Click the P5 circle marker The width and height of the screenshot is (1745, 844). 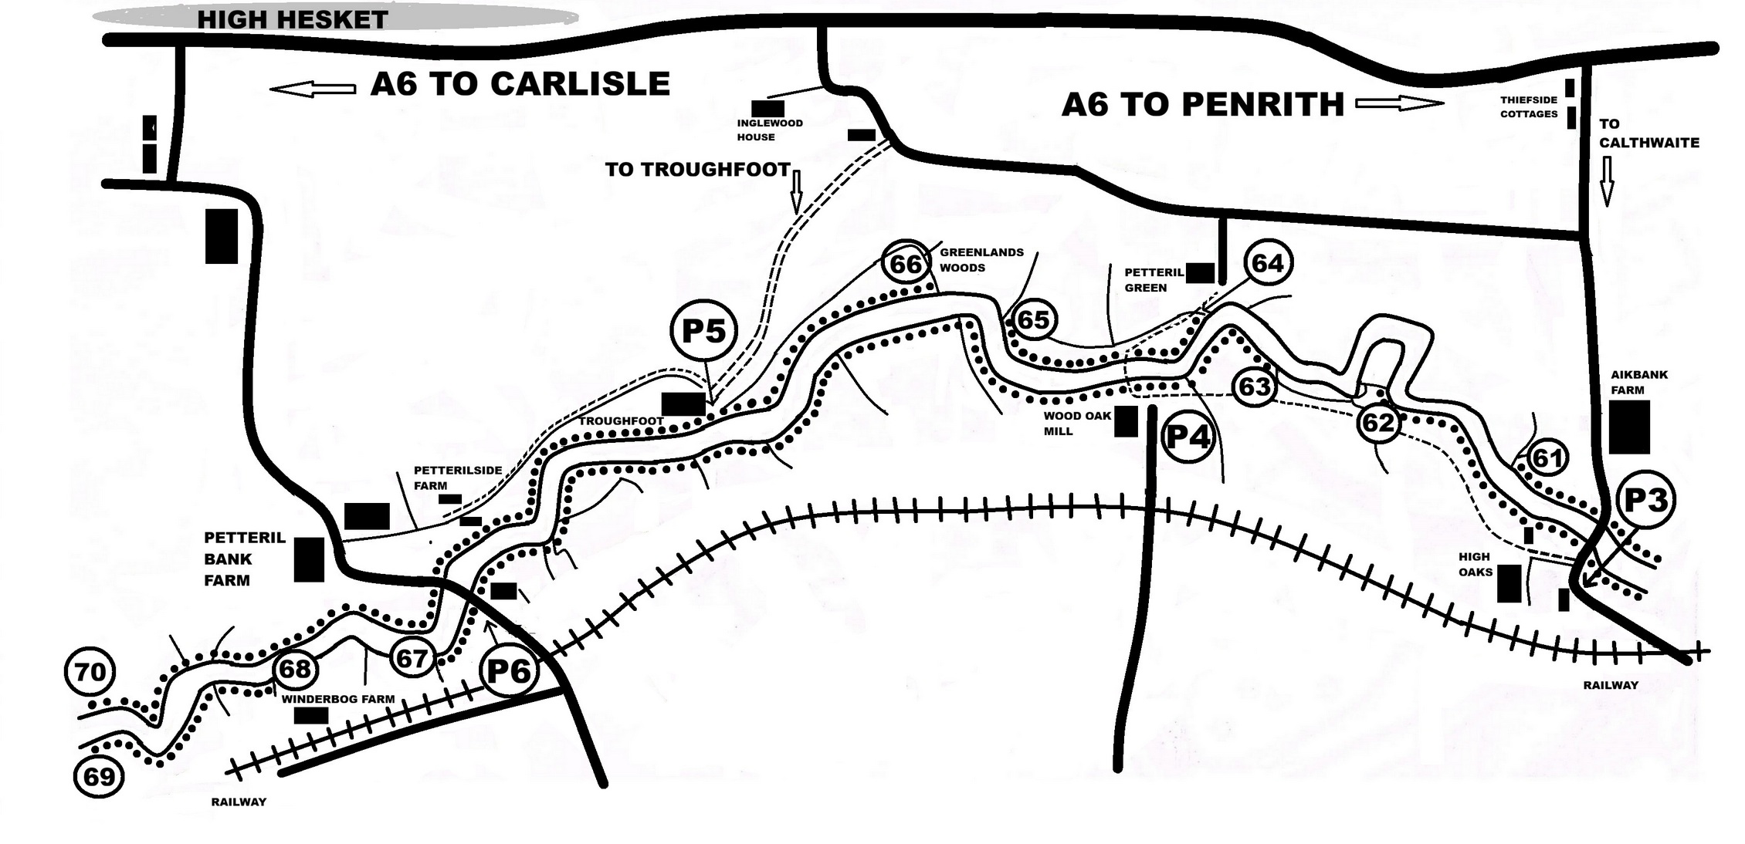click(704, 330)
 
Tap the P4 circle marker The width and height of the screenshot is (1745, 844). click(1188, 437)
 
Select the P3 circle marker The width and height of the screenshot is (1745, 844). click(1646, 500)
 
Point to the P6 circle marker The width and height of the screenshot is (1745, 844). click(509, 670)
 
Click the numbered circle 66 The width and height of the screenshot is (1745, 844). click(906, 264)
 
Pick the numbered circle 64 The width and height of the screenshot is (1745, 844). click(1268, 263)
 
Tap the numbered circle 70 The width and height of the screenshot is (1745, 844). click(90, 671)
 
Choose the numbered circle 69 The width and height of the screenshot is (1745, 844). click(99, 775)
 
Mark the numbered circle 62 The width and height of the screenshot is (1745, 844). click(1378, 422)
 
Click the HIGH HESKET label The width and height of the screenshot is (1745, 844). click(293, 19)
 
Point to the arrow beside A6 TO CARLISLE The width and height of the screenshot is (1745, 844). click(313, 89)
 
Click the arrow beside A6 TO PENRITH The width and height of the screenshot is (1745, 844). click(1399, 103)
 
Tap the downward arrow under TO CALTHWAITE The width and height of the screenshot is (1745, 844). click(1607, 182)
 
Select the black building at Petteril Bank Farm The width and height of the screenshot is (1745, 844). click(309, 559)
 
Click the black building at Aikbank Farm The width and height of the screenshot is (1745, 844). click(1629, 427)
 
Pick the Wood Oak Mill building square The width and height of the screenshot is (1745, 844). click(1126, 421)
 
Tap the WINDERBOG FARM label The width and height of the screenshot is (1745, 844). click(337, 699)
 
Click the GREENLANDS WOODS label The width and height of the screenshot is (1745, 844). click(981, 260)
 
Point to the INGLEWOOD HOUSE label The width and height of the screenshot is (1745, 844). click(769, 130)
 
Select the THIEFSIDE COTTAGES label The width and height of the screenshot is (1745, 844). click(1529, 106)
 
